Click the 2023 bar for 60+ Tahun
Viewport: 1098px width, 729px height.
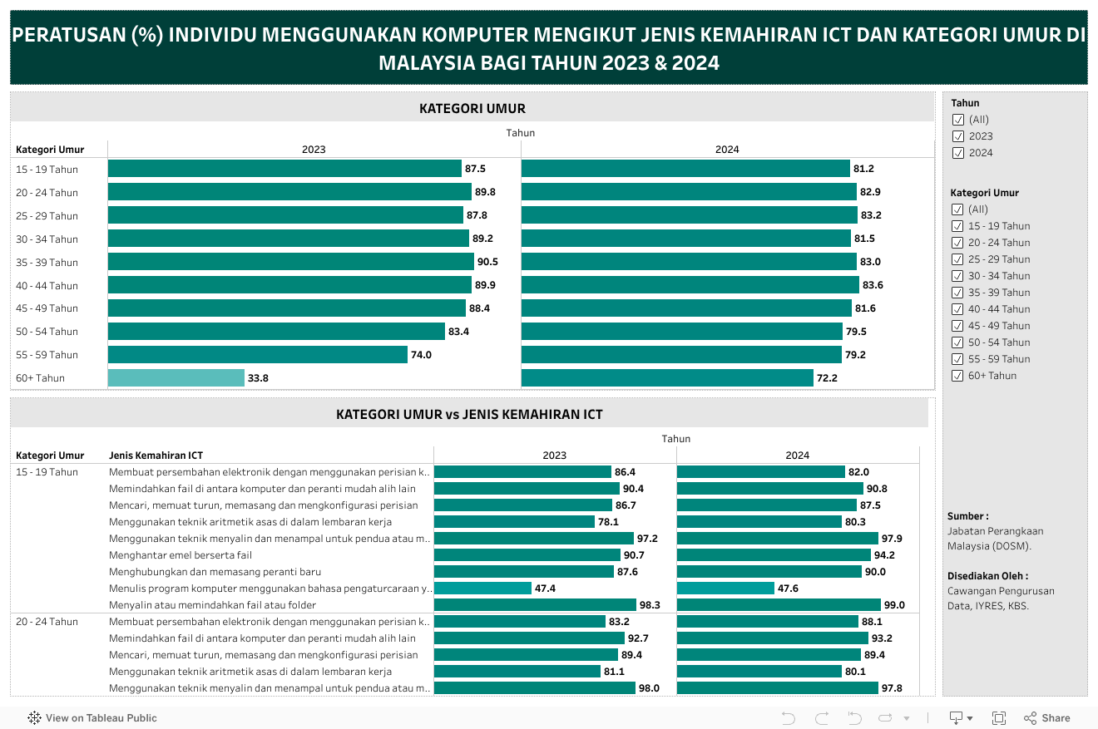tap(176, 378)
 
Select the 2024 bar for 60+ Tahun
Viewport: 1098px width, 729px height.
tap(667, 378)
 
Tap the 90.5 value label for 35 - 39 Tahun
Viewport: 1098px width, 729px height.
tap(487, 262)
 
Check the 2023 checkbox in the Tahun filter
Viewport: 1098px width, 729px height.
tap(957, 136)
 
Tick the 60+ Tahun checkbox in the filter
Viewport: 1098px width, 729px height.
tap(957, 376)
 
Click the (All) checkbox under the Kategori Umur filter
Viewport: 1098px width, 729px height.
tap(957, 209)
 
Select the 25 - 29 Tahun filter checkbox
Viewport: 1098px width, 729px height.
tap(957, 259)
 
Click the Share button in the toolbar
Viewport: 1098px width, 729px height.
tap(1047, 718)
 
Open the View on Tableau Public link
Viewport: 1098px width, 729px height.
tap(92, 718)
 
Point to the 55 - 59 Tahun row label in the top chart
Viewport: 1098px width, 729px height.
tap(47, 355)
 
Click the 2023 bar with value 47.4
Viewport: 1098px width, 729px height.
tap(482, 589)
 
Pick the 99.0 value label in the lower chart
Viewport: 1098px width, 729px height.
tap(895, 605)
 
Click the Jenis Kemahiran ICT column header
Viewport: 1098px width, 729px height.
tap(156, 456)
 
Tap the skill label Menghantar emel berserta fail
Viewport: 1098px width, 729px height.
tap(181, 555)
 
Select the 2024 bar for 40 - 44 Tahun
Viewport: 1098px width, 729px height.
tap(690, 285)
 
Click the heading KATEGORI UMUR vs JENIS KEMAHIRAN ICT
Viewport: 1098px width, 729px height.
tap(469, 414)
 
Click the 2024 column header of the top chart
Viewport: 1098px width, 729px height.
tap(727, 150)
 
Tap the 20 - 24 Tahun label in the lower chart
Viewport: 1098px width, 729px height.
tap(47, 622)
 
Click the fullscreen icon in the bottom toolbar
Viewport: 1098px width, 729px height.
tap(999, 718)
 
